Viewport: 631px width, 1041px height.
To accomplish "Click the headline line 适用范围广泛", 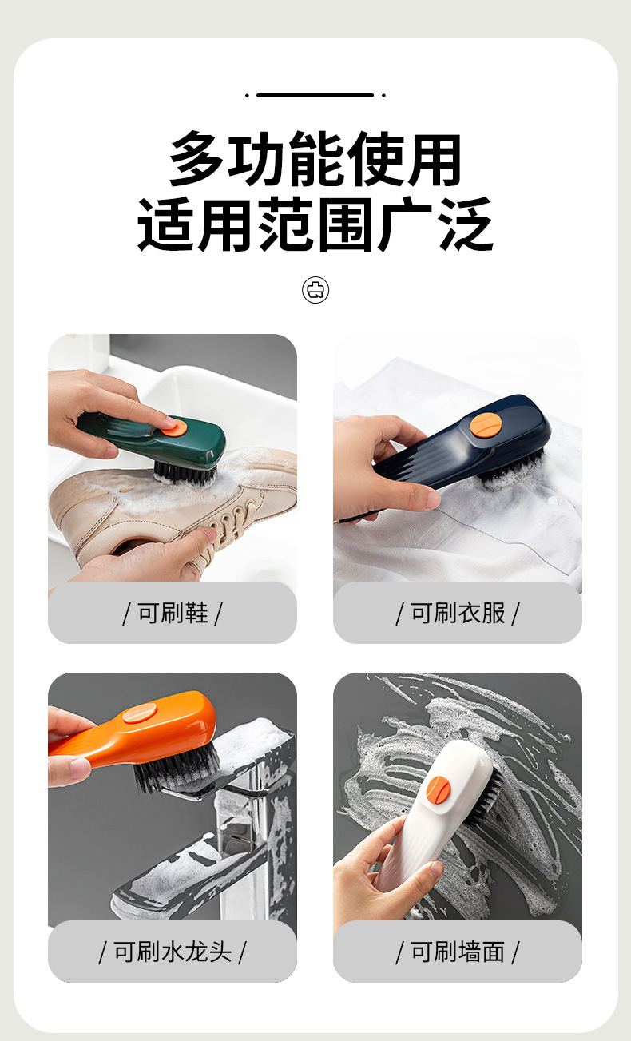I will tap(315, 225).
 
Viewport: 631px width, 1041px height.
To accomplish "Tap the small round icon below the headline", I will tap(315, 289).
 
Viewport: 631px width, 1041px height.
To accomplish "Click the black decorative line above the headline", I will tap(315, 95).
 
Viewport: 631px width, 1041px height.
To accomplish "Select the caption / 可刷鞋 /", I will tap(172, 614).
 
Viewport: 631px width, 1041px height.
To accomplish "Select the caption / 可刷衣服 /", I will tap(458, 614).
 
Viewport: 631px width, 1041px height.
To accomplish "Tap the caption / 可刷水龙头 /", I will tap(172, 952).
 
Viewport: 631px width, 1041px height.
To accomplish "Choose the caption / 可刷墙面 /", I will tap(458, 952).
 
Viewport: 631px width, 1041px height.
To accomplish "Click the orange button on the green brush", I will tap(170, 428).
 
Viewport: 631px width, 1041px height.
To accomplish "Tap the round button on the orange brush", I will tap(141, 713).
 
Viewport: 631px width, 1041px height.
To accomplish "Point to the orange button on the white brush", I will tap(438, 790).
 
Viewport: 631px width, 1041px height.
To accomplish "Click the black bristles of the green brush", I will tap(185, 473).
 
